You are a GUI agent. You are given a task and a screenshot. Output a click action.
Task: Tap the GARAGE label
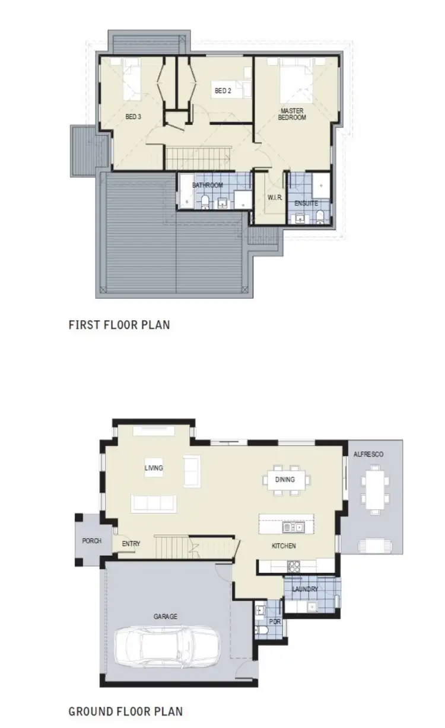166,617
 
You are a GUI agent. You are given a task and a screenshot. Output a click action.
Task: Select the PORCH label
92,541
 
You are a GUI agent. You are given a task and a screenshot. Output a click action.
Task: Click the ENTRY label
131,543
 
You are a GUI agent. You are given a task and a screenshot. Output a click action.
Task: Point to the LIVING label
154,468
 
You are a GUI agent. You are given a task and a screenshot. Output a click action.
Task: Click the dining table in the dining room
285,479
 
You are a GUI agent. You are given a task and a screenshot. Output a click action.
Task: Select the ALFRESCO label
368,454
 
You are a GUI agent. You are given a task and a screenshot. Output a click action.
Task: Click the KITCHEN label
284,545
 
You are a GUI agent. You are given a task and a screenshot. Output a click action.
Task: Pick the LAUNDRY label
304,589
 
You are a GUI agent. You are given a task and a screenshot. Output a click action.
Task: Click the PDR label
274,621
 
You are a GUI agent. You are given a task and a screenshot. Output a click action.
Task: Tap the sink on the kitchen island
293,526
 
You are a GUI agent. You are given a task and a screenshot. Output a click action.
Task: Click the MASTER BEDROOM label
292,114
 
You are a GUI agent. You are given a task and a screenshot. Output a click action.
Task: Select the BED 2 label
222,91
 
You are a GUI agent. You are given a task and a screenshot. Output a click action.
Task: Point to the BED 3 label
133,117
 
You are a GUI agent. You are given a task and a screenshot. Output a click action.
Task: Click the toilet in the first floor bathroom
204,203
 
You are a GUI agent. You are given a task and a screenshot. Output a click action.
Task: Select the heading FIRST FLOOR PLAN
119,324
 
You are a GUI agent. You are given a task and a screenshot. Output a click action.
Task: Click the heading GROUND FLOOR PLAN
126,711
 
